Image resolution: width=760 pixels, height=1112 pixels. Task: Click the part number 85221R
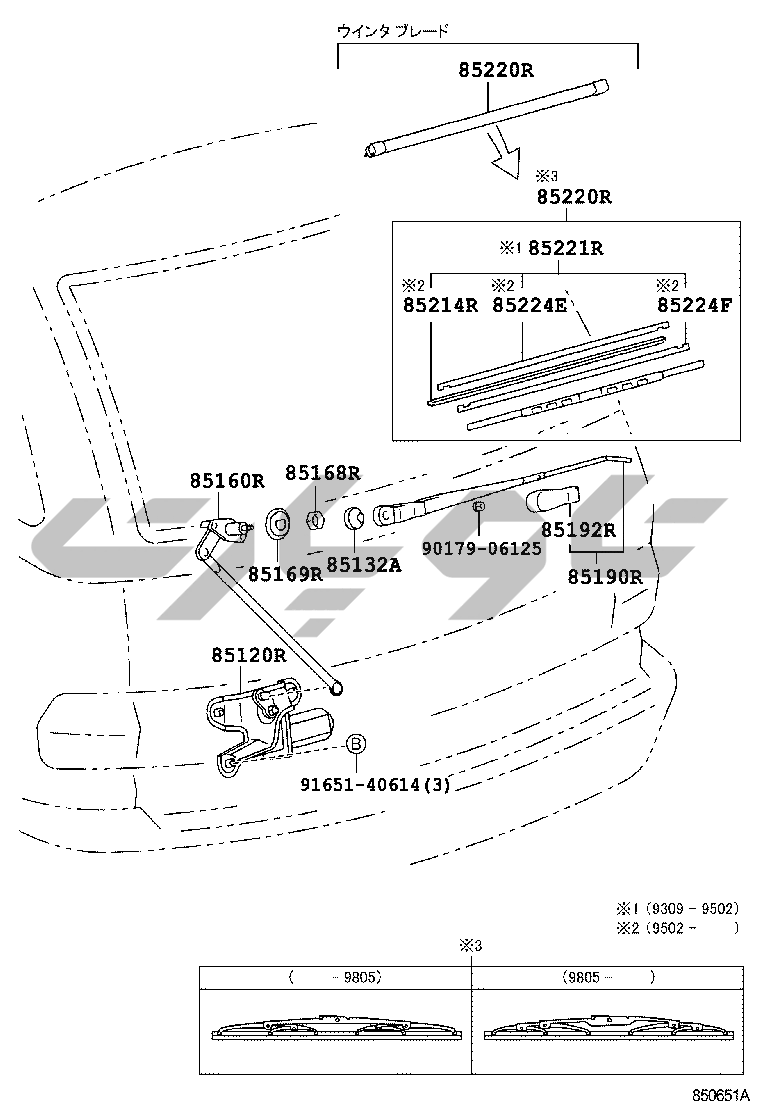tap(565, 248)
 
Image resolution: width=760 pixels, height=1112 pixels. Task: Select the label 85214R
tap(440, 304)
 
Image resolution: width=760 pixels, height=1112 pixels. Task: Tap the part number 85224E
tap(529, 304)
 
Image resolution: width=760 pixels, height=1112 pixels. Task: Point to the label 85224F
tap(693, 304)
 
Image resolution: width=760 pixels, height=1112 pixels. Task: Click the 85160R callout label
tap(227, 481)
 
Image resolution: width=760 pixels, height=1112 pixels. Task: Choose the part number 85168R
tap(322, 473)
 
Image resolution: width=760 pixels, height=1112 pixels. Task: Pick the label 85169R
tap(285, 573)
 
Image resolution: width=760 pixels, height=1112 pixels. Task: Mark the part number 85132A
tap(363, 565)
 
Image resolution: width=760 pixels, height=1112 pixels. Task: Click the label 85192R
tap(578, 530)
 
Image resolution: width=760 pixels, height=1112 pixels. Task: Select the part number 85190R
tap(605, 576)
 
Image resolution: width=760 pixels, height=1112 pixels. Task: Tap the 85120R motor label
tap(248, 656)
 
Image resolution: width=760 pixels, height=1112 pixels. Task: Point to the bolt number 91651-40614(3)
tap(376, 785)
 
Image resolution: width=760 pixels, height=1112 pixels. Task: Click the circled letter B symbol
tap(355, 744)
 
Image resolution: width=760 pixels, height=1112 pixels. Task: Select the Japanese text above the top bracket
tap(392, 31)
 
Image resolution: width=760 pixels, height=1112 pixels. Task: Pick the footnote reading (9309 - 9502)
tap(691, 909)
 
